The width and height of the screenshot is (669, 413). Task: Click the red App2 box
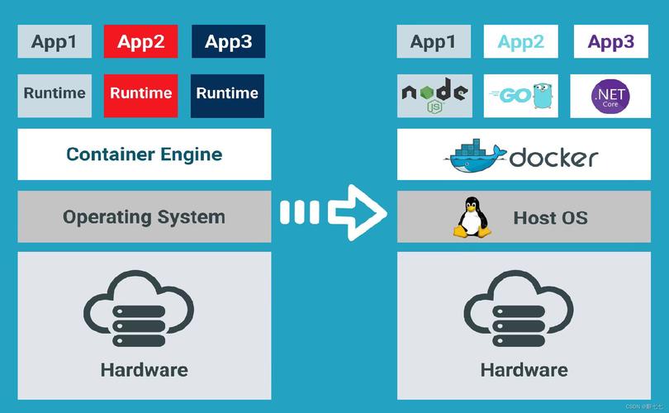point(140,41)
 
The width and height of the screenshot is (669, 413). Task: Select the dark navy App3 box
point(228,41)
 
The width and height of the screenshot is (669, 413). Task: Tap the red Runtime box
point(140,96)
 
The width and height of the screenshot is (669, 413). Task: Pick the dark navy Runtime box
point(227,96)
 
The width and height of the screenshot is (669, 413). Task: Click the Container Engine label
point(145,154)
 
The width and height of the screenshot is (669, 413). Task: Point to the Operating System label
point(144,216)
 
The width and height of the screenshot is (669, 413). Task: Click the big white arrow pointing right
point(334,212)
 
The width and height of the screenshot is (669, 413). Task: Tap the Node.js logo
point(434,95)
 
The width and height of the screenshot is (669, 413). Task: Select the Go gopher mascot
point(543,96)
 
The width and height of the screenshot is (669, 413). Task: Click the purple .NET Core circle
point(610,97)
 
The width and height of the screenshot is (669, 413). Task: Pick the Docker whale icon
point(475,156)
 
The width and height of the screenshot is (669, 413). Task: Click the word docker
point(553,158)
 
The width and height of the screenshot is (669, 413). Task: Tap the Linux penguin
point(472,216)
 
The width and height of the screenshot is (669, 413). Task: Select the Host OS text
point(550,218)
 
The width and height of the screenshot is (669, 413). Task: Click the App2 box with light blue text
point(520,41)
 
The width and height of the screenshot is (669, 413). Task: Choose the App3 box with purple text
point(611,41)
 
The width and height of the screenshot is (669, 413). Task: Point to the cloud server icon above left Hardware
point(139,308)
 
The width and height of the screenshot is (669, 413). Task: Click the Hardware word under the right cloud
point(524,370)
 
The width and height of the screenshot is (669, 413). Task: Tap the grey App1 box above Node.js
point(434,41)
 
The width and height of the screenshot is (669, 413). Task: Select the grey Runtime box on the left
point(55,96)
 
